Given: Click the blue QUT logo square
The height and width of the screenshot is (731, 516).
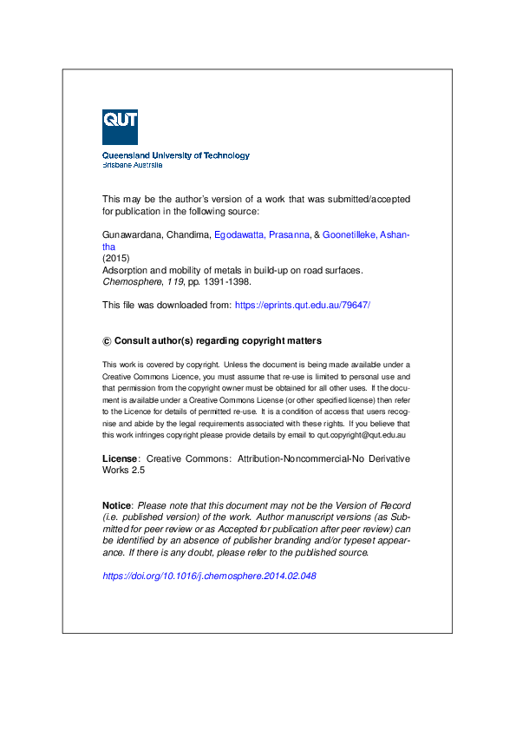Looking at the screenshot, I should [120, 127].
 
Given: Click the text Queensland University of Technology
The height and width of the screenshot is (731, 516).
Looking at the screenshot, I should [176, 156].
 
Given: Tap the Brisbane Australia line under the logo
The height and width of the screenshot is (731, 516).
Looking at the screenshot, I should [133, 165].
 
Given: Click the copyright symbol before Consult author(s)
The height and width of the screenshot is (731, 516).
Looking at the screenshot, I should [107, 341].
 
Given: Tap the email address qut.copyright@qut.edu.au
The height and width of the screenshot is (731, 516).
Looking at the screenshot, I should [362, 433].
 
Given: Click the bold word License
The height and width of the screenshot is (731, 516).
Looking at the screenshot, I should [120, 458].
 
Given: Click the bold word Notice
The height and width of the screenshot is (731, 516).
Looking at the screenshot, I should [117, 505].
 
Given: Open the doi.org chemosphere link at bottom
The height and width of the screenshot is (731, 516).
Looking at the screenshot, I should [209, 576].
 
